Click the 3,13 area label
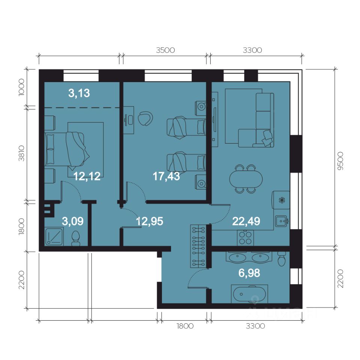(79, 93)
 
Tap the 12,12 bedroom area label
(87, 176)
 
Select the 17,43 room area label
(166, 176)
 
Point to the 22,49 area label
(246, 221)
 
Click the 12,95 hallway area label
(150, 221)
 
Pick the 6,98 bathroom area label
(249, 273)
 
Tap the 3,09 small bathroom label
(72, 221)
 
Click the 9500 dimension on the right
(341, 161)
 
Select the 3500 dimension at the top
(165, 50)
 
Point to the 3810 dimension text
(21, 153)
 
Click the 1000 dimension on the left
(21, 87)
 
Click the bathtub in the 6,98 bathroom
(250, 294)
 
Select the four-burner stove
(245, 238)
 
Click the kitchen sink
(282, 221)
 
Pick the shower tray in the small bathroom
(54, 237)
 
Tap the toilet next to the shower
(76, 238)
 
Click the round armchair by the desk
(145, 118)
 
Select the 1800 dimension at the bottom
(185, 326)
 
